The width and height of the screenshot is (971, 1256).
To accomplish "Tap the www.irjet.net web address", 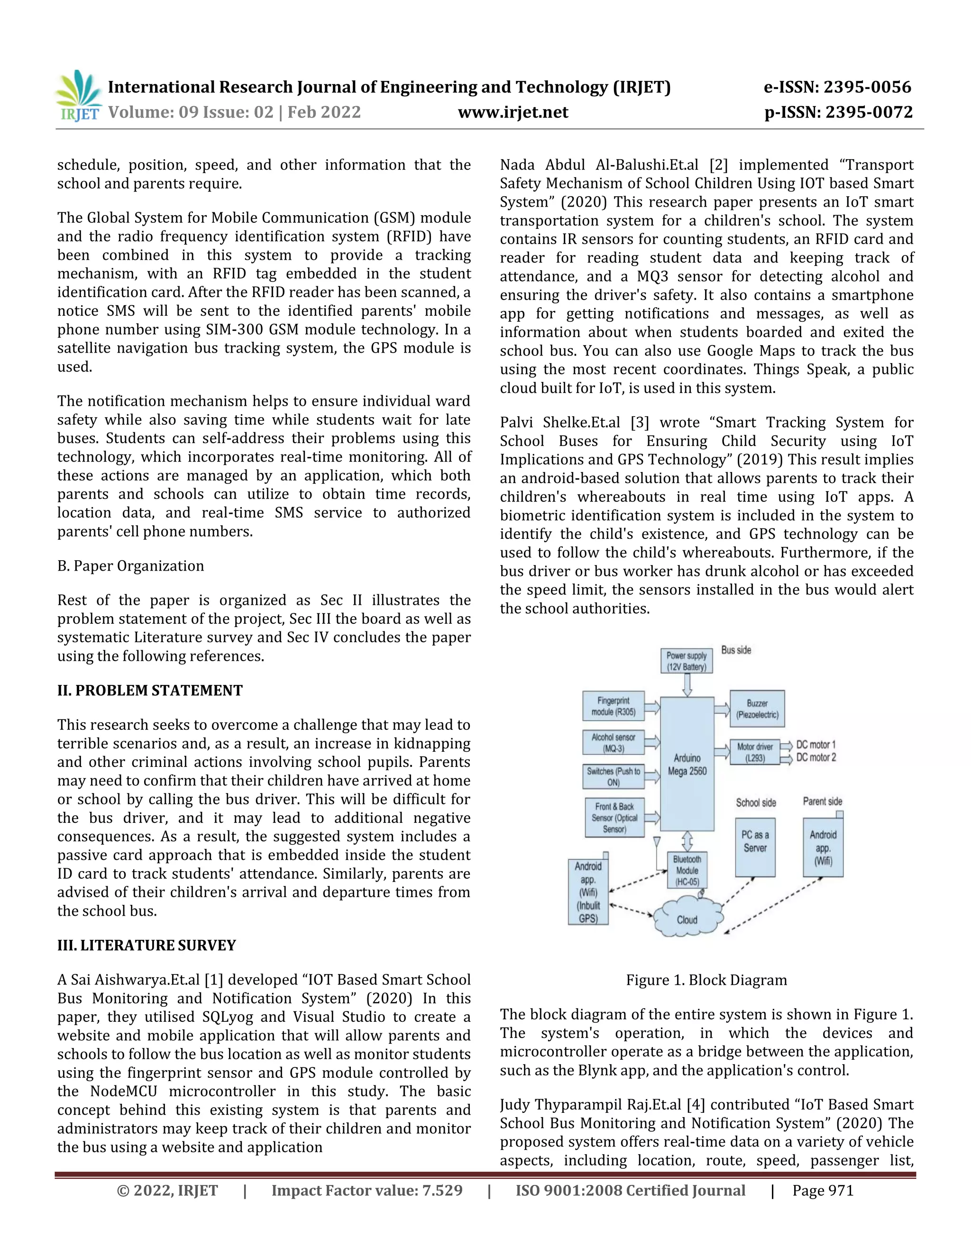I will coord(513,112).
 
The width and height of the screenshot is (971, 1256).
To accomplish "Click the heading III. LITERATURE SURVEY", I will coord(146,946).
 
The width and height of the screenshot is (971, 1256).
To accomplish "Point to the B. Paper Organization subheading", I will coord(130,566).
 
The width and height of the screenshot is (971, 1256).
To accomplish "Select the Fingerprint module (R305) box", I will coord(613,706).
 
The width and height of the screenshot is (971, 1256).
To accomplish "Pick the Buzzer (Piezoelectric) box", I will coord(757,709).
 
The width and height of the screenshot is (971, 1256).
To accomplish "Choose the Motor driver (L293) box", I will coord(755,752).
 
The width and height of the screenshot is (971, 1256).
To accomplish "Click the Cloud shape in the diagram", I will coord(687,919).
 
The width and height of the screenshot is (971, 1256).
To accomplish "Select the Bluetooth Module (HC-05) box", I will coord(687,871).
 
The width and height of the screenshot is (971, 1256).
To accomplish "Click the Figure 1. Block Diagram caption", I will coord(706,980).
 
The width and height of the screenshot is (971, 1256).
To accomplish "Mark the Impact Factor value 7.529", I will coord(367,1191).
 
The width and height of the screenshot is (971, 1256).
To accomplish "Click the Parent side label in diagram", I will coord(822,801).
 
